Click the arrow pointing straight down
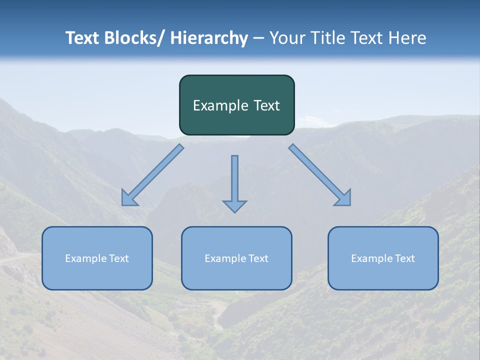pos(234,182)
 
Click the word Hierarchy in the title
pos(209,38)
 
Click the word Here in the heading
pos(406,38)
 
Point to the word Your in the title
pos(287,38)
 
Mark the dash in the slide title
pos(258,38)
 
